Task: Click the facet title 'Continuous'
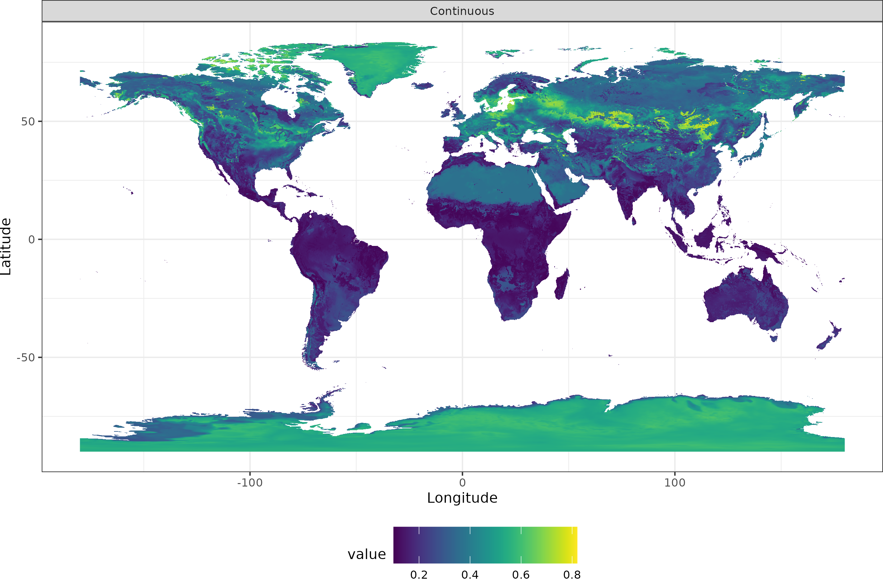pyautogui.click(x=462, y=11)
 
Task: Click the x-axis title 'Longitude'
pyautogui.click(x=462, y=498)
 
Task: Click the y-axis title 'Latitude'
pyautogui.click(x=6, y=247)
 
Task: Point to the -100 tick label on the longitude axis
pyautogui.click(x=250, y=482)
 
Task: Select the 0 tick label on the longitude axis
pyautogui.click(x=462, y=482)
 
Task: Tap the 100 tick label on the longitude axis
pyautogui.click(x=675, y=482)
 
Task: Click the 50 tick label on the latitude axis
pyautogui.click(x=28, y=121)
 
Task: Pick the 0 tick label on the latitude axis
pyautogui.click(x=31, y=239)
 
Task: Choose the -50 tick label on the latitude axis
pyautogui.click(x=26, y=357)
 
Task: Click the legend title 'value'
pyautogui.click(x=367, y=554)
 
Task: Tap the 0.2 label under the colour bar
pyautogui.click(x=419, y=575)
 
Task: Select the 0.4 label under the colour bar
pyautogui.click(x=470, y=575)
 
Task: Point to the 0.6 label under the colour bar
pyautogui.click(x=521, y=575)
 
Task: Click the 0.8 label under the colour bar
pyautogui.click(x=572, y=575)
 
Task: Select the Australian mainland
pyautogui.click(x=745, y=300)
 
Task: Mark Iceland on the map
pyautogui.click(x=422, y=86)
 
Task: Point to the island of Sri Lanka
pyautogui.click(x=634, y=221)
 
